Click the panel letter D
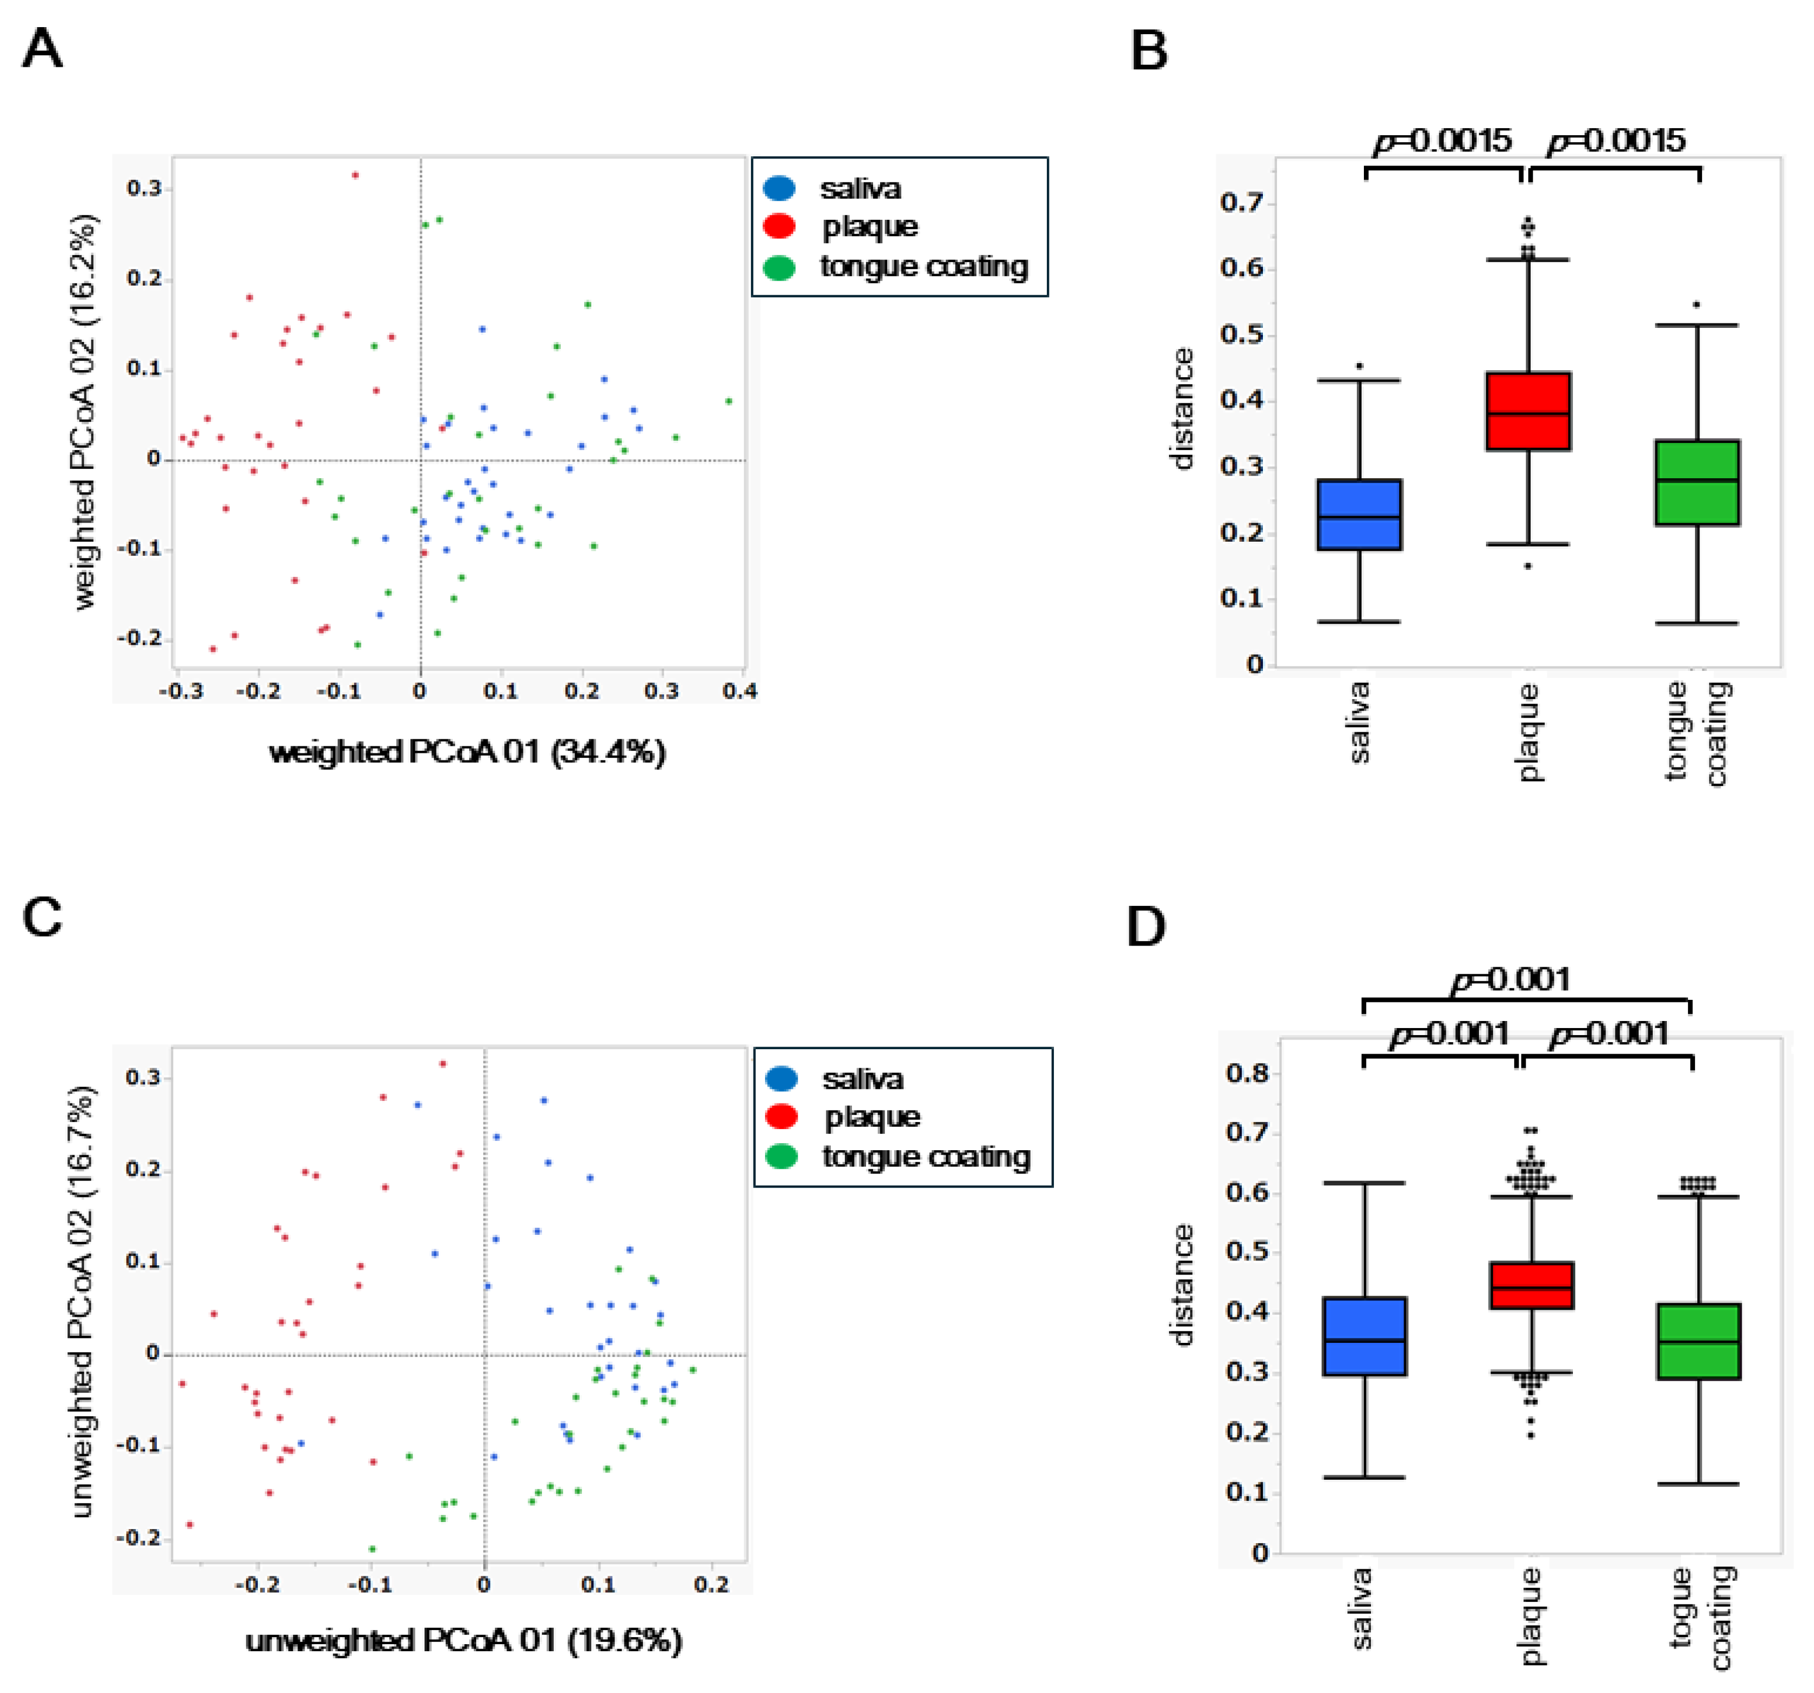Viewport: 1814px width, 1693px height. click(1146, 927)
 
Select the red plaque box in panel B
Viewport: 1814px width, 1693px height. click(1528, 410)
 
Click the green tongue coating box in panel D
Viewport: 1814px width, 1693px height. click(1698, 1341)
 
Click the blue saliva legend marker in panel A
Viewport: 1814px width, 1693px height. click(779, 189)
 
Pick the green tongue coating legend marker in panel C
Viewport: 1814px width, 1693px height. click(781, 1157)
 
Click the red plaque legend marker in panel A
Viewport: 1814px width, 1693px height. click(779, 226)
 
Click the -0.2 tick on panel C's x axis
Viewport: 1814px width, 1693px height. click(257, 1584)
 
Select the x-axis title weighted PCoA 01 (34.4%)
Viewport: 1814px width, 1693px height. click(467, 752)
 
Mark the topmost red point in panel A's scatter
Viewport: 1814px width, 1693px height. click(355, 175)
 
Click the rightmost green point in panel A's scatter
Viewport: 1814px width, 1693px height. click(728, 401)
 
